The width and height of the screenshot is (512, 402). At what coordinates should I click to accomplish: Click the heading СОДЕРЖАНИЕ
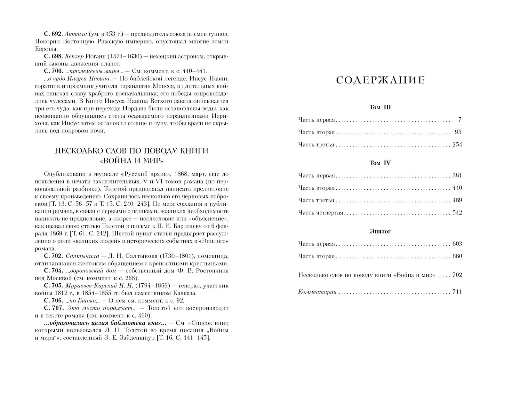[x=380, y=80]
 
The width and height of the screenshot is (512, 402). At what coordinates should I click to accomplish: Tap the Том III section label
[x=380, y=107]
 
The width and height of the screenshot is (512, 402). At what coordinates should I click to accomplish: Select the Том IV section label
[x=380, y=163]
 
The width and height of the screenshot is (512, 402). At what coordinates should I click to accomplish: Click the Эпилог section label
[x=380, y=231]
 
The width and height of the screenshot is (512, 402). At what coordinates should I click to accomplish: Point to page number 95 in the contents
[x=458, y=132]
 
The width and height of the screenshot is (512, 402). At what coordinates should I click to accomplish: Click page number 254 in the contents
[x=457, y=145]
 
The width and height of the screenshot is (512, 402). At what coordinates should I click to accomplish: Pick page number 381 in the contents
[x=457, y=176]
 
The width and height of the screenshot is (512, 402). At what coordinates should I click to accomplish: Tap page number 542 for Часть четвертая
[x=457, y=213]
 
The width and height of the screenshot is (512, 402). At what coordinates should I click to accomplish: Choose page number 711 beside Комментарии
[x=457, y=292]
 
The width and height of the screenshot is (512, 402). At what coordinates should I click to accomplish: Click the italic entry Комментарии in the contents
[x=317, y=292]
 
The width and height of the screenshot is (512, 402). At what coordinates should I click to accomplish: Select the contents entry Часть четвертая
[x=320, y=213]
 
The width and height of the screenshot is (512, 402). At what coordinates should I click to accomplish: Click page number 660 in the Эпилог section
[x=457, y=256]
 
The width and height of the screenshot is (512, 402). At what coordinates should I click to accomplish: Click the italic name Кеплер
[x=74, y=57]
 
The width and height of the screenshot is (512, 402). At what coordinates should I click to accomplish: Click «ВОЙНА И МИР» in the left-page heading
[x=131, y=160]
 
